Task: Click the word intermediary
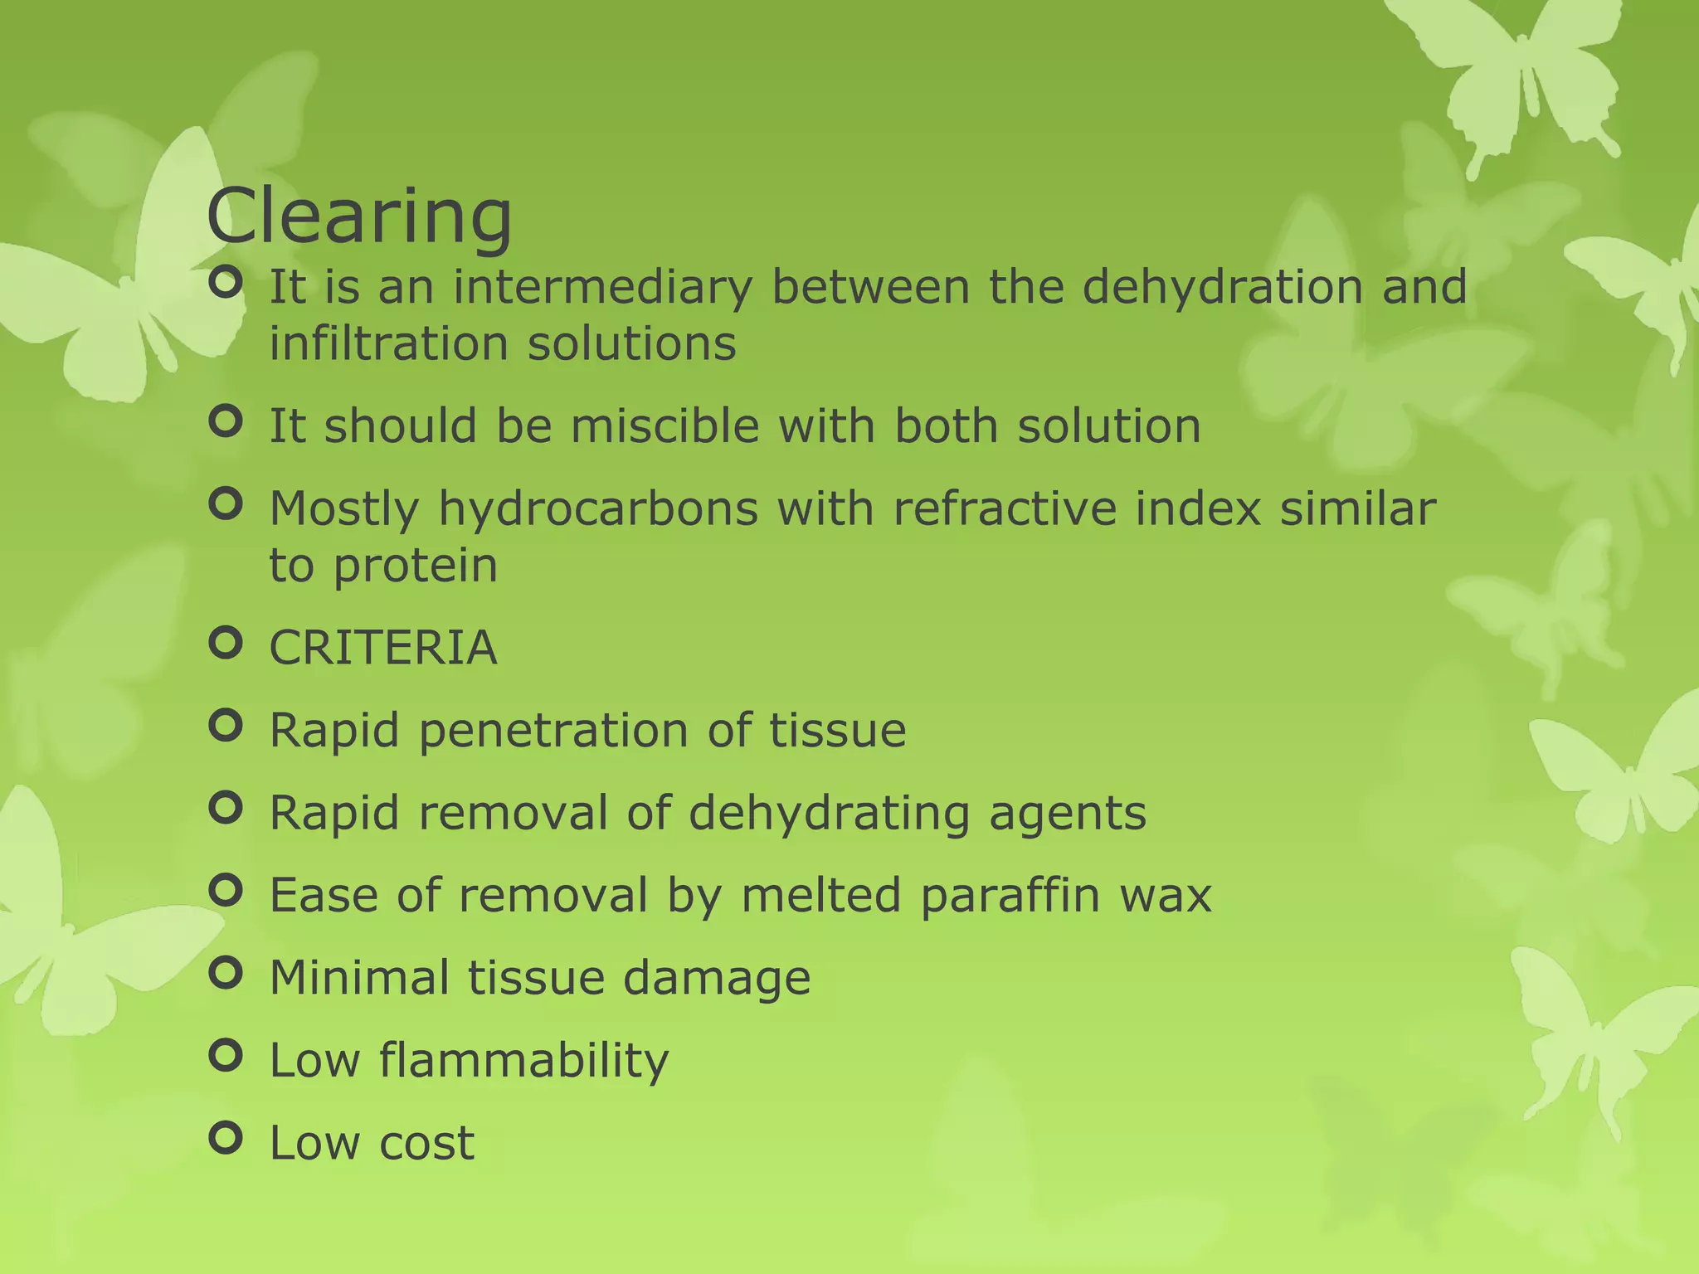pos(603,287)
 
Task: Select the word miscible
pos(665,426)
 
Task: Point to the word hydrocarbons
pos(598,508)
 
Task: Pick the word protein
pos(416,566)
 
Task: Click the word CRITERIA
pos(383,648)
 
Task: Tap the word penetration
pos(553,731)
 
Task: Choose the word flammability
pos(523,1061)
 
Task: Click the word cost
pos(426,1143)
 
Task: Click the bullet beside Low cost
pos(226,1138)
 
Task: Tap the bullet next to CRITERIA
pos(226,643)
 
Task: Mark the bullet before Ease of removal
pos(226,891)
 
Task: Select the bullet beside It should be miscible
pos(226,421)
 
